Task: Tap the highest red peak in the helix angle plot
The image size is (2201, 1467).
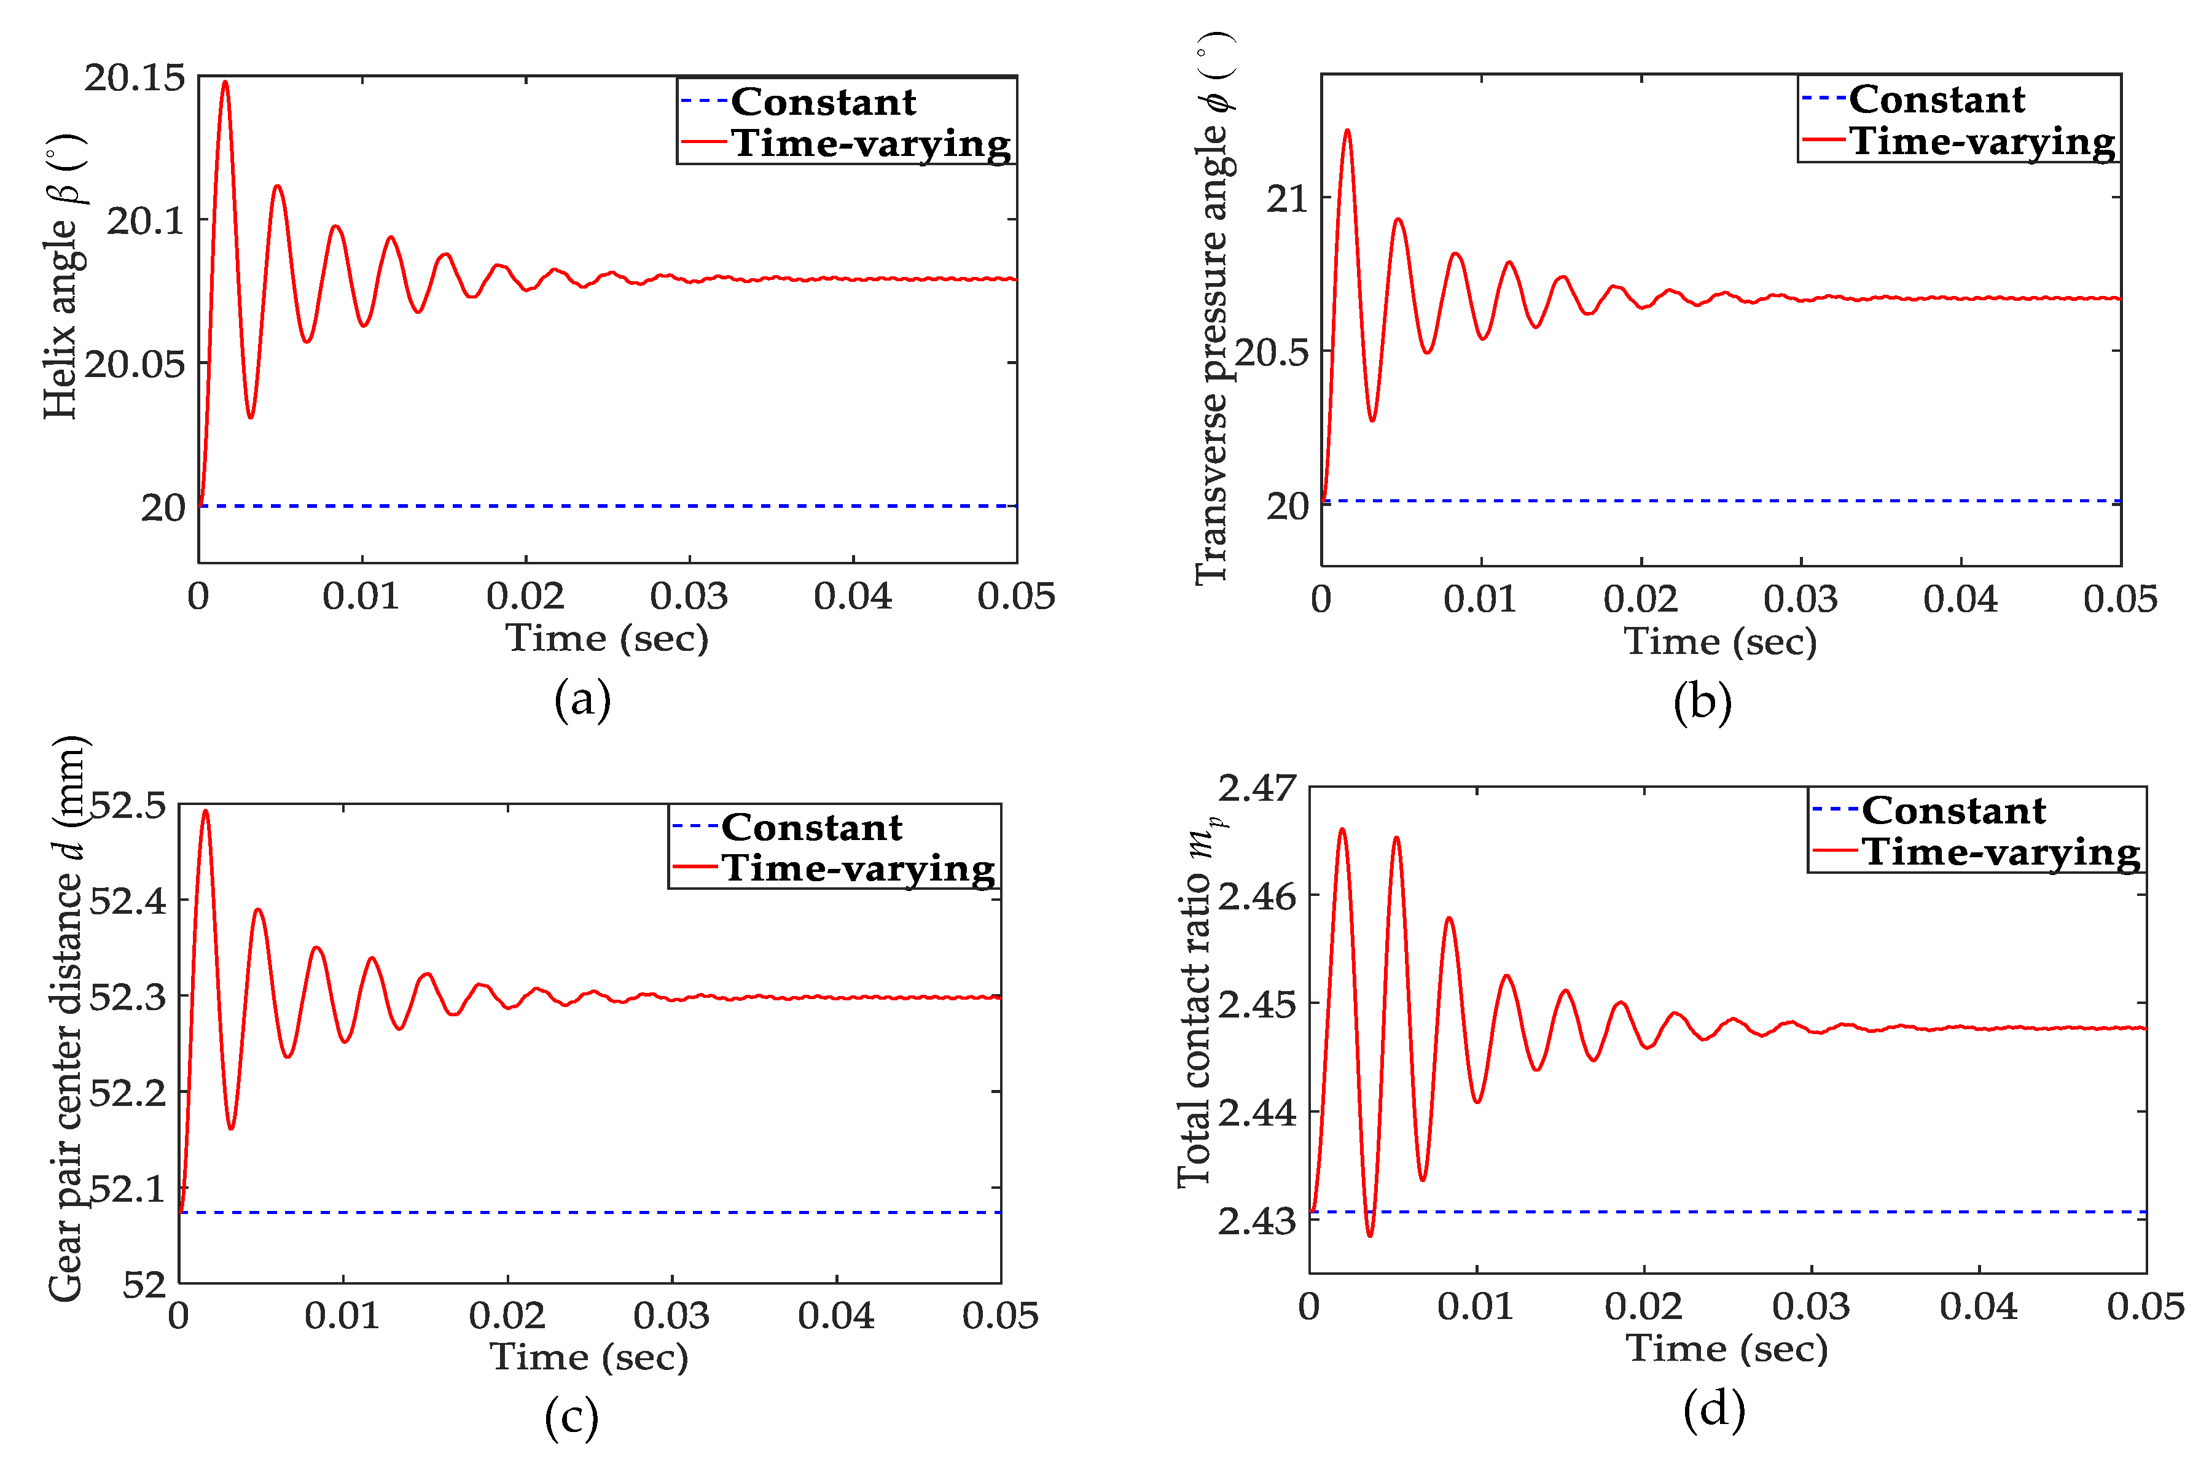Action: tap(225, 82)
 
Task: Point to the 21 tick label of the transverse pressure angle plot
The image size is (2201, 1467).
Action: tap(1287, 198)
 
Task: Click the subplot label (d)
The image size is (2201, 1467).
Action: tap(1713, 1409)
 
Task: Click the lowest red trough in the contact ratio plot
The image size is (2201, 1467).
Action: tap(1370, 1235)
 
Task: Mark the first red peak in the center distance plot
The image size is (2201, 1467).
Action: tap(206, 811)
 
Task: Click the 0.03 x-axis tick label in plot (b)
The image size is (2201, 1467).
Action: tap(1800, 600)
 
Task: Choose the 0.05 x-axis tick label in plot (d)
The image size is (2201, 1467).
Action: tap(2145, 1307)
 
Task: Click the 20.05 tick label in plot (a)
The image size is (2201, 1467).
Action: tap(135, 365)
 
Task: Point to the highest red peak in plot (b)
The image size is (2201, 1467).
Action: tap(1348, 131)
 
